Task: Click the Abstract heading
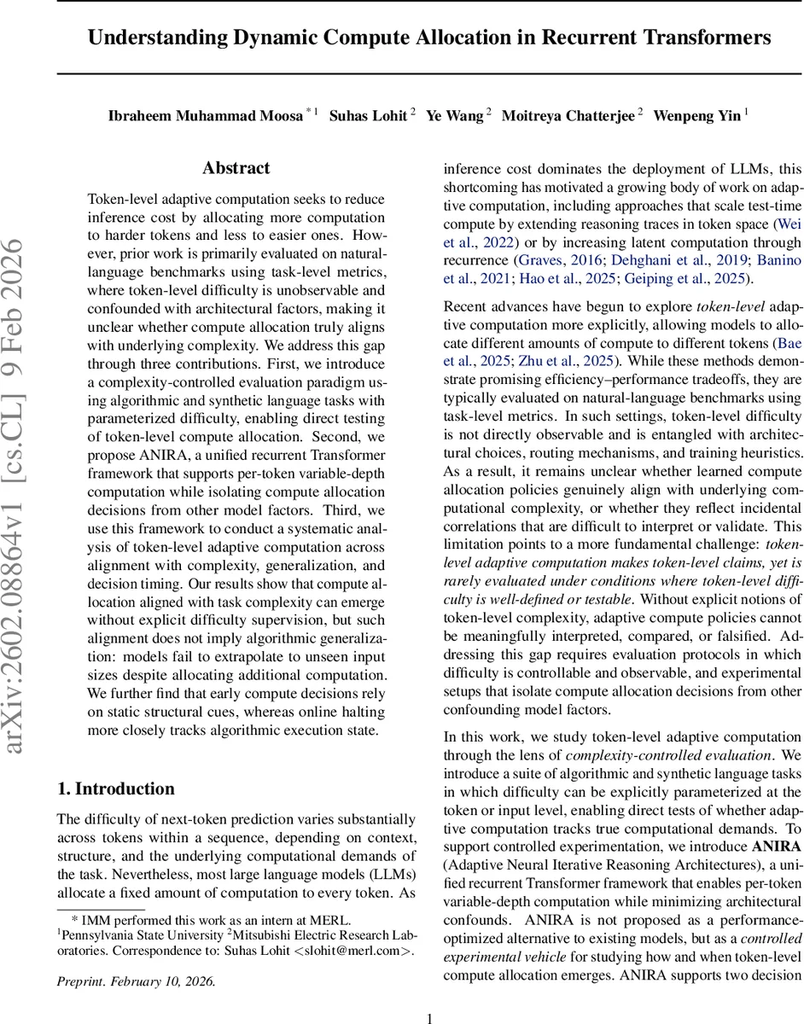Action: [x=236, y=168]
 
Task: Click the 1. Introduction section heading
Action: [x=115, y=788]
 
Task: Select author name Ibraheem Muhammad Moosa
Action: [x=204, y=116]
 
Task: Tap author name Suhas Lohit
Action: [x=368, y=116]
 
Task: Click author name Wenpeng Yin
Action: [x=696, y=116]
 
